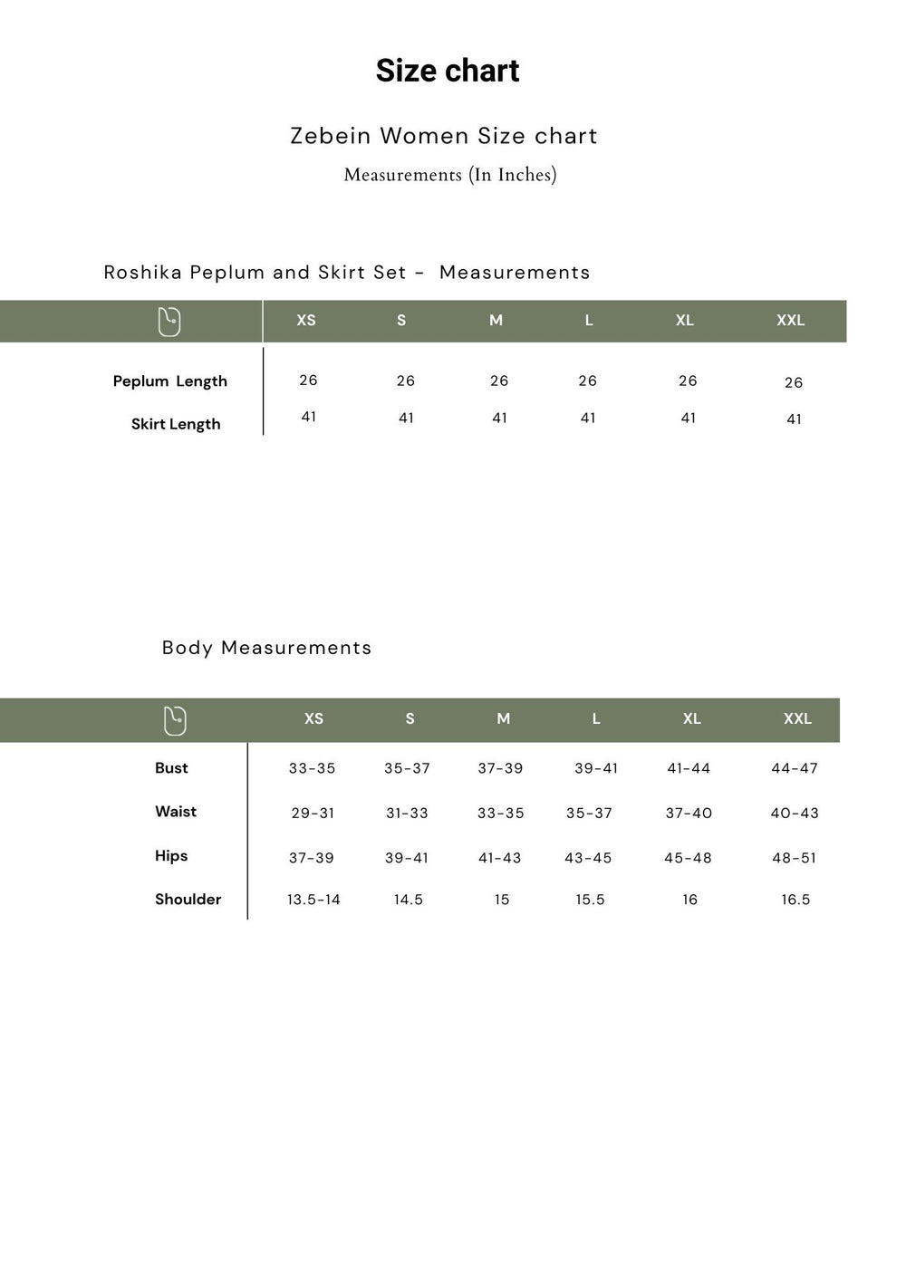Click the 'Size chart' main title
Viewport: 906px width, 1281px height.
[x=448, y=71]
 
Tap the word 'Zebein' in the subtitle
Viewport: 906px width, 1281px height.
[x=331, y=136]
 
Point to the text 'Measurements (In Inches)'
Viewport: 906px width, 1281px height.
[x=450, y=175]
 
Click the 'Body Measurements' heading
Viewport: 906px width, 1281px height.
[x=266, y=648]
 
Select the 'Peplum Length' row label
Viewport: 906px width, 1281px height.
[x=169, y=381]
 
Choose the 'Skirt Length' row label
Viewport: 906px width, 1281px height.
[x=176, y=424]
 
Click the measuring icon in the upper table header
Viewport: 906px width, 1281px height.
[x=169, y=322]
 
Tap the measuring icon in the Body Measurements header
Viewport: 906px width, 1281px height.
[x=175, y=720]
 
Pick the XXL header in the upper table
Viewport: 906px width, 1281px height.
[x=790, y=321]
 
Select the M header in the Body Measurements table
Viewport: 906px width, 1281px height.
[x=504, y=719]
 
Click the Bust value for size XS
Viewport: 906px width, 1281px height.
[x=312, y=768]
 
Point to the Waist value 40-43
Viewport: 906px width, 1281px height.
[x=795, y=814]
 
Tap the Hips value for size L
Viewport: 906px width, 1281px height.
[x=588, y=858]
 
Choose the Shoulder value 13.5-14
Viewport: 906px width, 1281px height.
[x=313, y=900]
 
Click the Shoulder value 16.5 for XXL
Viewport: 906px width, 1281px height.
[x=795, y=900]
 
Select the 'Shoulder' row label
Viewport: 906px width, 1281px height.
[x=188, y=900]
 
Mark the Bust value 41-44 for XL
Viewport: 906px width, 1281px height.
[x=689, y=768]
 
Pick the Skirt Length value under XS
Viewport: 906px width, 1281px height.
[x=309, y=417]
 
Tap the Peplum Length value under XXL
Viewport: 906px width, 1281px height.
[x=794, y=383]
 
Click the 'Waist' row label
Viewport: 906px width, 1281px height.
[x=176, y=812]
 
